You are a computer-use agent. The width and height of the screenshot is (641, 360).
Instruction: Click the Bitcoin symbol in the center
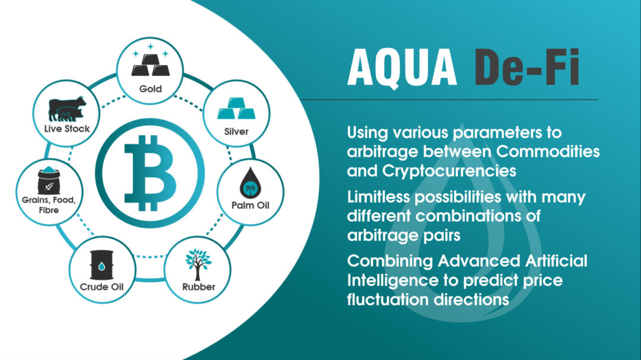point(150,173)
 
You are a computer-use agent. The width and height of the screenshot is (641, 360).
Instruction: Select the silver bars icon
point(236,109)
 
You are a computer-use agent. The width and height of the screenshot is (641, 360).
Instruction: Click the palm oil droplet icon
point(250,183)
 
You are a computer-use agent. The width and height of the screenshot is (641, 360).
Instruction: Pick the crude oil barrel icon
point(101,265)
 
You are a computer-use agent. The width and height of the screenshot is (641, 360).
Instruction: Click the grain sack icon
point(49,180)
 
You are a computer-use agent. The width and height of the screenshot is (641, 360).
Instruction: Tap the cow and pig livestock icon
point(67,109)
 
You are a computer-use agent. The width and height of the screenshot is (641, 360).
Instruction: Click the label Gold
point(150,89)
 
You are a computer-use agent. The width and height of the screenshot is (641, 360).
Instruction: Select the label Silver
point(236,132)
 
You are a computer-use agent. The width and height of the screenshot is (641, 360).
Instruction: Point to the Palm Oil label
point(250,205)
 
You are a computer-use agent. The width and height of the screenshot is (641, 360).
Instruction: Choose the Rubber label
point(199,287)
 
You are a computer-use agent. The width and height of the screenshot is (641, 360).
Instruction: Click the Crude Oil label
point(101,287)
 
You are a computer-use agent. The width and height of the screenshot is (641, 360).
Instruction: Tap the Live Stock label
point(67,129)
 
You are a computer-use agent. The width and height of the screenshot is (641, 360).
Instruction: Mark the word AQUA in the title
point(402,68)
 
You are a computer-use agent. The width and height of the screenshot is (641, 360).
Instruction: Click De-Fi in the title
point(526,67)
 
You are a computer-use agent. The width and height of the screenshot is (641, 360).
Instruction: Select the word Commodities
point(548,152)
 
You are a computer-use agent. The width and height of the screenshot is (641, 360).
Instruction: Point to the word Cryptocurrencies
point(449,171)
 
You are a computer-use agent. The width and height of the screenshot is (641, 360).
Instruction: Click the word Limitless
point(379,197)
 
